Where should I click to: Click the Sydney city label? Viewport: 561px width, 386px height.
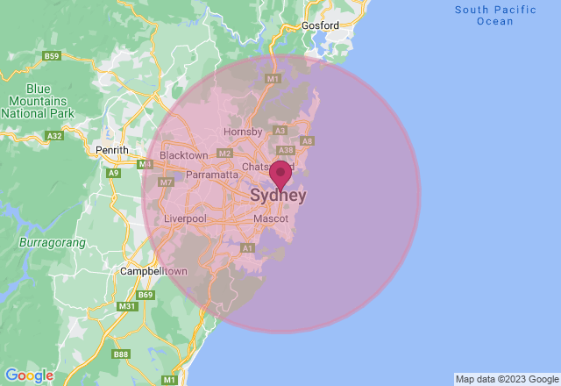pos(278,195)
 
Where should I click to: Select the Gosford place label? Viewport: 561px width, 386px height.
pos(319,25)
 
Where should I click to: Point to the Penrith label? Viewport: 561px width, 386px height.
pos(112,150)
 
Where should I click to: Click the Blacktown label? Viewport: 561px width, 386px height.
pos(184,155)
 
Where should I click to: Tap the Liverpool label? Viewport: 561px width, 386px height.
pos(185,218)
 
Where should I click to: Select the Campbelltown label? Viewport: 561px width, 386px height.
pos(154,271)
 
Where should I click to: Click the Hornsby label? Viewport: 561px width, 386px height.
pos(243,132)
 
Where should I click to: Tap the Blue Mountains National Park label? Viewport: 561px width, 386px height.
pos(39,101)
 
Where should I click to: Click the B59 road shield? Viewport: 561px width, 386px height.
pos(52,56)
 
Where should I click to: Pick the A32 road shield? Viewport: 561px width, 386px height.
pos(54,136)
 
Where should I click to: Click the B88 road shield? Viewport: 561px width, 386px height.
pos(119,354)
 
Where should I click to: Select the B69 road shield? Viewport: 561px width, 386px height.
pos(146,295)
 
